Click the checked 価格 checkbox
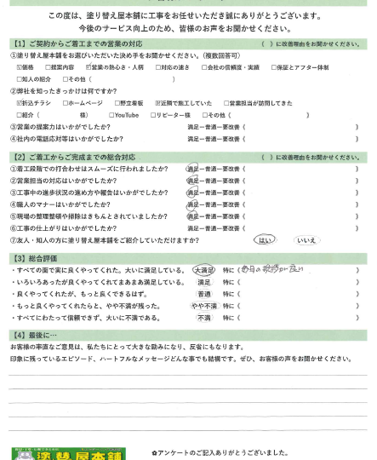tap(19, 66)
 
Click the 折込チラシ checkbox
tap(19, 102)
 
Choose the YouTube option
tap(111, 114)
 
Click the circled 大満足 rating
tap(203, 269)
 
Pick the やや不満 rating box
tap(203, 304)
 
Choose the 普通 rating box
tap(203, 292)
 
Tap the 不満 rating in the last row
tap(203, 316)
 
